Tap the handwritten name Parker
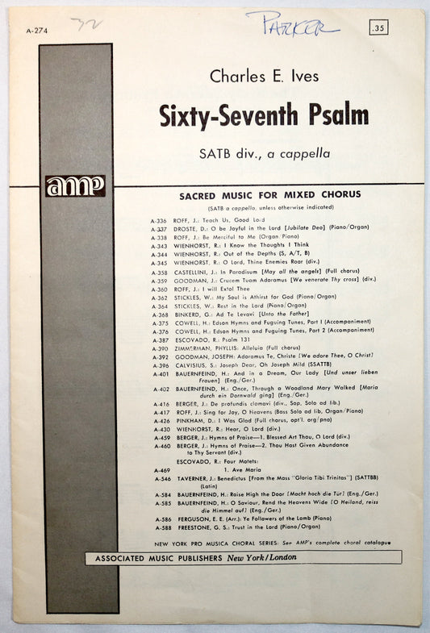(x=292, y=22)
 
